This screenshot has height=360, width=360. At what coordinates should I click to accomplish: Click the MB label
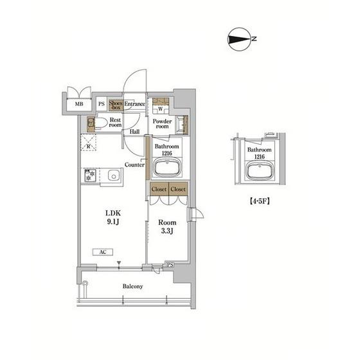pos(79,104)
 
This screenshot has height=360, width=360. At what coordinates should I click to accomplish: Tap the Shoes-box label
pos(116,105)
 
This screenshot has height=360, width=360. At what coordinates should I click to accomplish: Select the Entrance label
pos(134,104)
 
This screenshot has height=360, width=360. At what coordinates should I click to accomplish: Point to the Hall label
pos(134,132)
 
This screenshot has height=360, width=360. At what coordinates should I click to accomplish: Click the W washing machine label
pos(161,109)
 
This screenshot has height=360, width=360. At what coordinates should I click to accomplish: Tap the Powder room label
pos(162,123)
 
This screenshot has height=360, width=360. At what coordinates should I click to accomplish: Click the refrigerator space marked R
pos(89,143)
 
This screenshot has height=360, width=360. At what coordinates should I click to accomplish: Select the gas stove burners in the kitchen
pos(90,175)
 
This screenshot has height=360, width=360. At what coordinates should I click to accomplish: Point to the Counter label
pos(134,165)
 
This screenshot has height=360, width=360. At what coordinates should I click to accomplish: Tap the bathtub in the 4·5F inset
pos(260,170)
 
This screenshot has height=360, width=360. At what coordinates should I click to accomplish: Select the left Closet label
pos(159,189)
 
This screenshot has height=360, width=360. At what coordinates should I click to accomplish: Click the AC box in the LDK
pos(103,252)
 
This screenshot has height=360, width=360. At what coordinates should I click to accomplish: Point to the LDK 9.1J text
pos(113,217)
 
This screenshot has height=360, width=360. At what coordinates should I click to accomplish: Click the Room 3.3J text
pos(167,226)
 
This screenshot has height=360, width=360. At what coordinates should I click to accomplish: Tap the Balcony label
pos(132,286)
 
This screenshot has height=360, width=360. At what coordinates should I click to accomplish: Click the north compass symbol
pos(239,39)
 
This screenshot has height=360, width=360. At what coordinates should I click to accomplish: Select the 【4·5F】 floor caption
pos(260,201)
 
